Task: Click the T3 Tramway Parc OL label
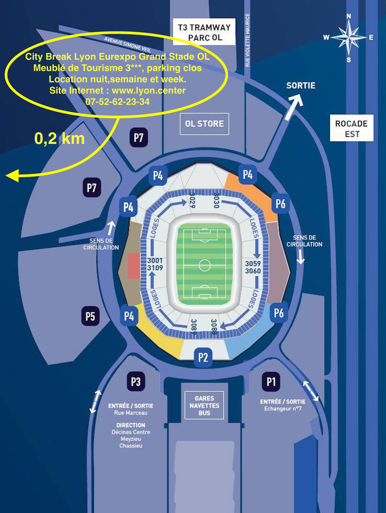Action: tap(204, 33)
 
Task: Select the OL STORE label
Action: tap(204, 124)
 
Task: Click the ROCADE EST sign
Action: tap(351, 129)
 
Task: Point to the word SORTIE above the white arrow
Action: tap(301, 86)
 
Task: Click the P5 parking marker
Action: tap(90, 317)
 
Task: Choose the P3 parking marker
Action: tap(136, 382)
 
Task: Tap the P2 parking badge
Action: tap(203, 358)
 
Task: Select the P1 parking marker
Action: tap(271, 381)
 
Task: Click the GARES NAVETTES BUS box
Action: tap(204, 405)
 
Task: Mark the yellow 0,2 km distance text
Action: tap(60, 139)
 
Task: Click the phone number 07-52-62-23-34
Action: tap(118, 101)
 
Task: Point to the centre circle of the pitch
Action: tap(204, 266)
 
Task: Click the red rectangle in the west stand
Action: tap(132, 266)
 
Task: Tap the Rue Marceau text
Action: tap(130, 413)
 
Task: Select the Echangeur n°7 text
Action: tap(282, 409)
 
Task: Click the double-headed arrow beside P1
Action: tap(311, 391)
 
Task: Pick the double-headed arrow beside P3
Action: tap(95, 402)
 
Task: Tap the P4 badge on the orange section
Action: tap(247, 175)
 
